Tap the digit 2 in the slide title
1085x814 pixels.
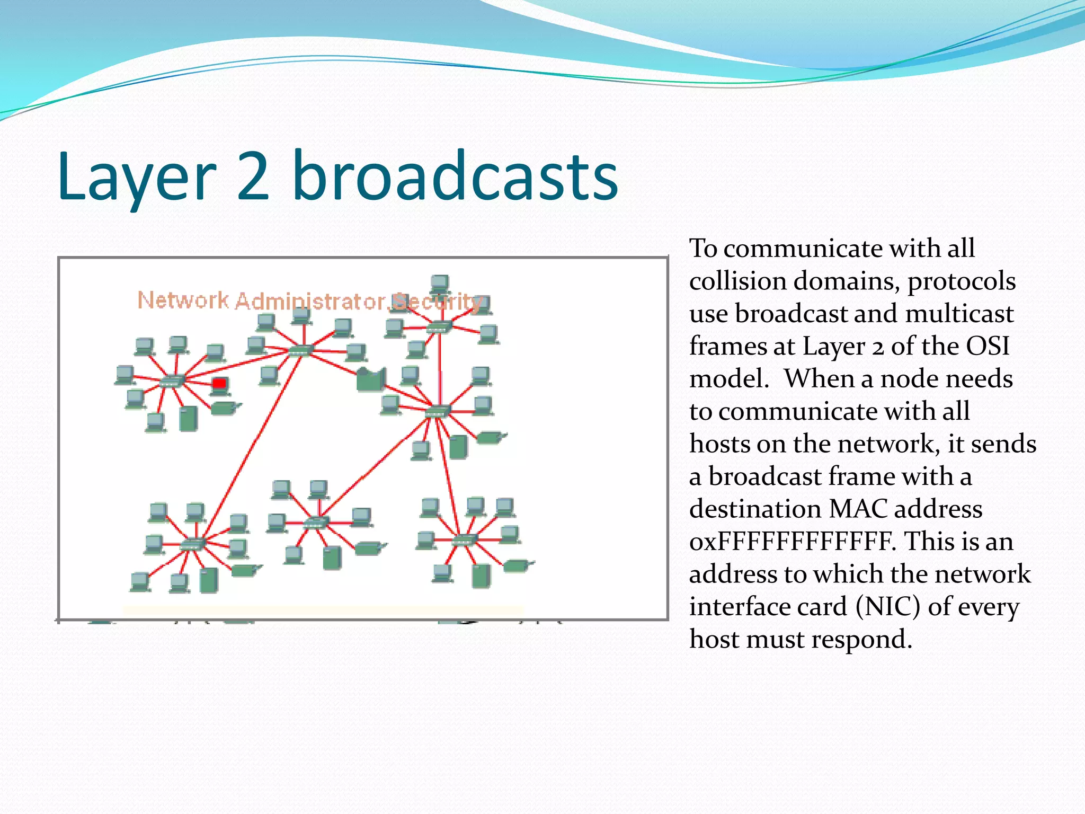253,176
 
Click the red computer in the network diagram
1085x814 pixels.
219,384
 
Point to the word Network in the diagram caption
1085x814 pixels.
183,300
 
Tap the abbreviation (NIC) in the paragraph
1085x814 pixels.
887,607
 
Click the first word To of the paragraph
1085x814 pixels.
703,249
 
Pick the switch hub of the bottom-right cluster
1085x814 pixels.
465,540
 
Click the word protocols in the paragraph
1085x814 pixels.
962,281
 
